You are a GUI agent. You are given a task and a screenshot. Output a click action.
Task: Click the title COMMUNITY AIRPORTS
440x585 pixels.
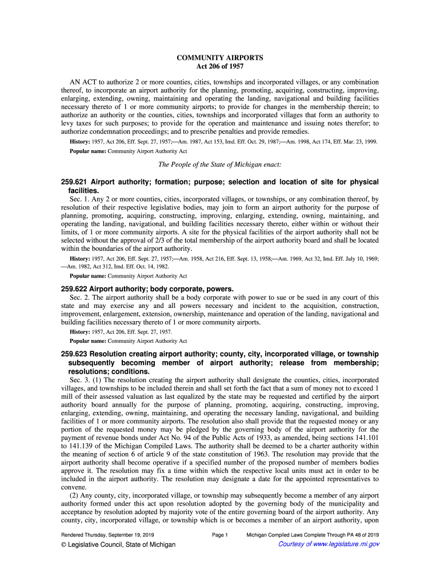[220, 58]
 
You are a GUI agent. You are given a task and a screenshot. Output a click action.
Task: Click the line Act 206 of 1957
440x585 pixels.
[220, 67]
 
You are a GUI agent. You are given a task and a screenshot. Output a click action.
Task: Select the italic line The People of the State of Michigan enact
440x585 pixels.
[219, 165]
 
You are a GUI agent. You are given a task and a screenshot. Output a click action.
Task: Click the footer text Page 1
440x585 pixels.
[220, 535]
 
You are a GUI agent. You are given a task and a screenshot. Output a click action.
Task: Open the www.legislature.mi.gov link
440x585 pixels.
[329, 544]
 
